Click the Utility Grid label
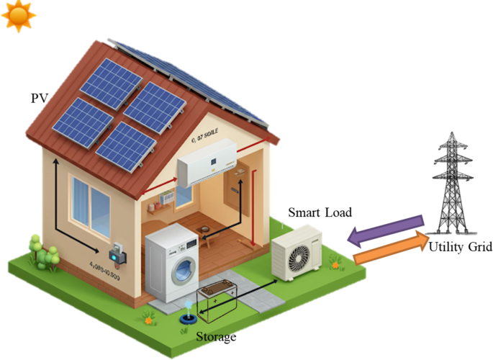tap(460, 247)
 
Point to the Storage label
tap(216, 336)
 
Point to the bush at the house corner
tap(44, 252)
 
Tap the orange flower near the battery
tap(149, 315)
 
